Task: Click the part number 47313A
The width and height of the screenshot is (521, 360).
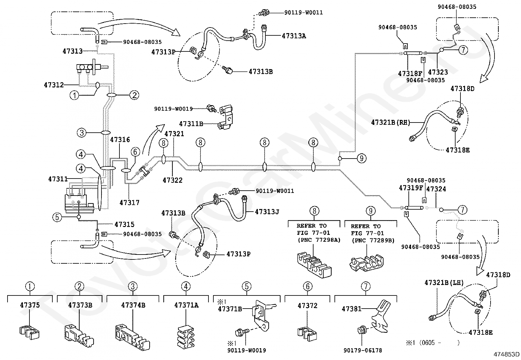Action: (x=294, y=36)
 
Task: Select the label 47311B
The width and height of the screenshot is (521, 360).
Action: (x=191, y=123)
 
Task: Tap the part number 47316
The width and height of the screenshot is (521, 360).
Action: (x=120, y=140)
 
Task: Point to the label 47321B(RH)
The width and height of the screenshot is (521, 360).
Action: (x=390, y=122)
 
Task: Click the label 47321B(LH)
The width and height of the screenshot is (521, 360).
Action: (x=444, y=283)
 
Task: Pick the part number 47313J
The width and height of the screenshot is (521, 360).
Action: (x=267, y=212)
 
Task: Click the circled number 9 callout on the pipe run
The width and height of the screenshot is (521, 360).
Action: (x=361, y=158)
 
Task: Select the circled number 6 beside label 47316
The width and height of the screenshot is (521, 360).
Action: (x=135, y=152)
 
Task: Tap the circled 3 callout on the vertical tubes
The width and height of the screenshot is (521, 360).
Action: (x=81, y=133)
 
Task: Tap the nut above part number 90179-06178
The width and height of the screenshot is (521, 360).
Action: (x=361, y=330)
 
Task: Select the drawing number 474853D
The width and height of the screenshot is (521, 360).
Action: (x=506, y=354)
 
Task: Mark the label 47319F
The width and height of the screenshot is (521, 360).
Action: (x=411, y=188)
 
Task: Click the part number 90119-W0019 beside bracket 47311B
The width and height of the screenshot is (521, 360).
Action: (x=173, y=109)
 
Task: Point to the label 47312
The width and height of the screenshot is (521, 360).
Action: (x=54, y=85)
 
